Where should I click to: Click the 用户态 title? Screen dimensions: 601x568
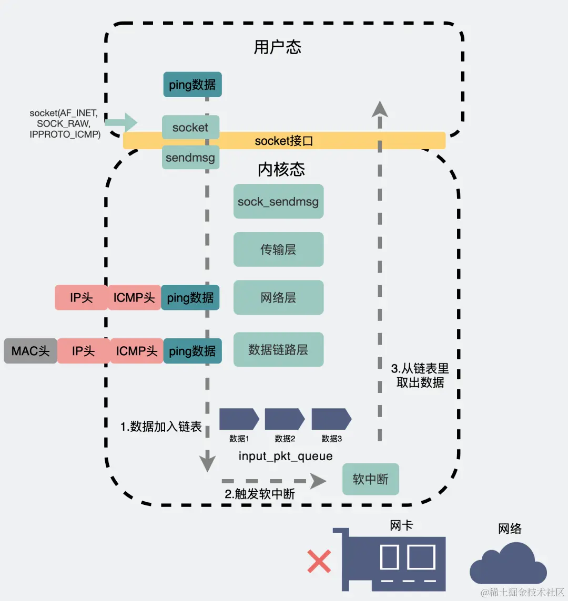click(277, 47)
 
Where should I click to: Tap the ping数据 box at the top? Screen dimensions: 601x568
click(192, 85)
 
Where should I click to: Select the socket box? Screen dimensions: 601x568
click(190, 127)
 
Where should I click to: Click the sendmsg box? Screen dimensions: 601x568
click(190, 158)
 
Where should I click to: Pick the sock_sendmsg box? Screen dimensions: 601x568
click(278, 202)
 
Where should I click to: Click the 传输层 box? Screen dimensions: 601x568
click(278, 250)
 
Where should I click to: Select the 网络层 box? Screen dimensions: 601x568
click(278, 298)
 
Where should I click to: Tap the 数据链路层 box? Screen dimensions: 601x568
click(278, 350)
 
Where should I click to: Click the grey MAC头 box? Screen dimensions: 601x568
click(31, 351)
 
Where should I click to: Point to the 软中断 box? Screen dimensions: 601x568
click(371, 479)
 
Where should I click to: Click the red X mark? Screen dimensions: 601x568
click(319, 561)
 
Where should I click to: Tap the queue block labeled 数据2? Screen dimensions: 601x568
click(285, 419)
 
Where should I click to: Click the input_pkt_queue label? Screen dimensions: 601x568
click(286, 456)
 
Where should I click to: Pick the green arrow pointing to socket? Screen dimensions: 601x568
click(121, 123)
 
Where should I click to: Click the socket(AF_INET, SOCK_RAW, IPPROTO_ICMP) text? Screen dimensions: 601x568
click(64, 123)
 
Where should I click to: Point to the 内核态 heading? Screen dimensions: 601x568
click(281, 169)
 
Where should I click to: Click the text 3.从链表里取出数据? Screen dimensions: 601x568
click(420, 375)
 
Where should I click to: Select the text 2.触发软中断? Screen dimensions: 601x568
click(260, 494)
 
